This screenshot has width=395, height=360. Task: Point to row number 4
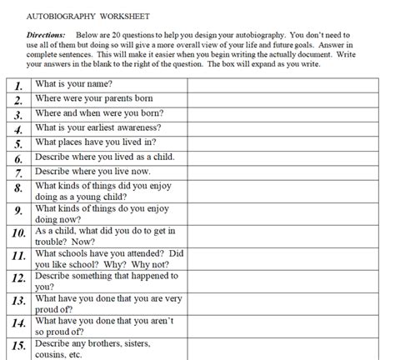17,129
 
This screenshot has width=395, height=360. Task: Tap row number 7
17,173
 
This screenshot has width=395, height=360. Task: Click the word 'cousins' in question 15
54,352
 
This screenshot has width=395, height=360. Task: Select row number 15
17,347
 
